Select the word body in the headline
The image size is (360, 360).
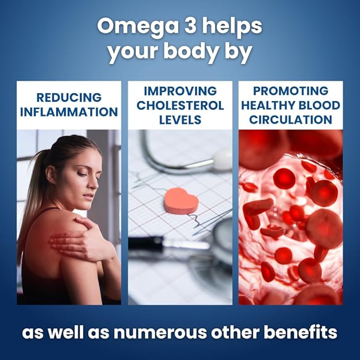(191, 51)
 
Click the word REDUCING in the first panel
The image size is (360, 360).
(69, 98)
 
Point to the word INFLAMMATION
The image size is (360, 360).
(69, 112)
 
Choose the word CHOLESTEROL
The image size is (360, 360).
(180, 106)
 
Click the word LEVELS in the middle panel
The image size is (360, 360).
(180, 120)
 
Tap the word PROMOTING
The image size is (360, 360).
(291, 91)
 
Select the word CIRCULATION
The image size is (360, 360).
(291, 120)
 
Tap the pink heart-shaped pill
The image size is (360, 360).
(181, 200)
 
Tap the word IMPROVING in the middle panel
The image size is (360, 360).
(180, 91)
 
